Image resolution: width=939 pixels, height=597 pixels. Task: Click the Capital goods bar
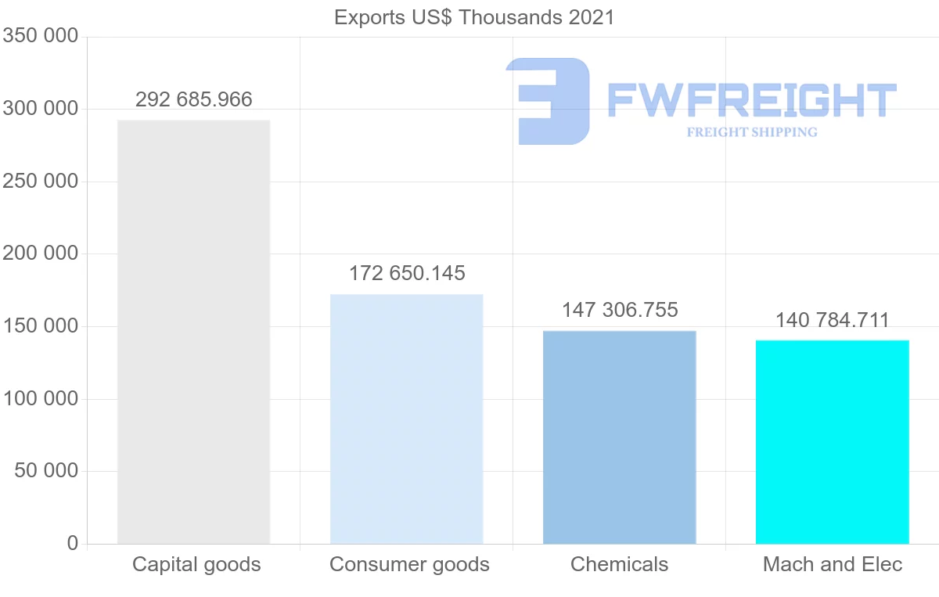[193, 332]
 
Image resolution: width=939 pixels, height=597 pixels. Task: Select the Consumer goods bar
[406, 419]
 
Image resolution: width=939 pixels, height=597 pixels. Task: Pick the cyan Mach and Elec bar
[832, 441]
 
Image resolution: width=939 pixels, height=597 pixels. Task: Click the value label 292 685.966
[194, 100]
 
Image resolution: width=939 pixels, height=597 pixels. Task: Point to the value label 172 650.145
[407, 274]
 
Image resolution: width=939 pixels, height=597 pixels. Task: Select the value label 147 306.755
[620, 311]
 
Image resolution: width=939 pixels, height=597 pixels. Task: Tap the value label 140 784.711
[833, 320]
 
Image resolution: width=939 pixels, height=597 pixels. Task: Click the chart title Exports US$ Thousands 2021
[474, 17]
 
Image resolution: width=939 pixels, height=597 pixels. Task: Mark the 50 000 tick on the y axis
[46, 471]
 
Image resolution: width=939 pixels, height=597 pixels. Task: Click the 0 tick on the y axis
[73, 543]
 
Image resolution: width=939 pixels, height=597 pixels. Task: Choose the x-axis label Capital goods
[196, 564]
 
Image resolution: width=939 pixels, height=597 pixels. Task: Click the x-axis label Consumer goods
[409, 564]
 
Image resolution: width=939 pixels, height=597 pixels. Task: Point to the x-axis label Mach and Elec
[833, 564]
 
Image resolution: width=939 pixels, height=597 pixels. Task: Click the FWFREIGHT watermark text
[751, 100]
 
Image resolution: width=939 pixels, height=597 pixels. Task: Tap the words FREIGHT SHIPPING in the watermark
[752, 132]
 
